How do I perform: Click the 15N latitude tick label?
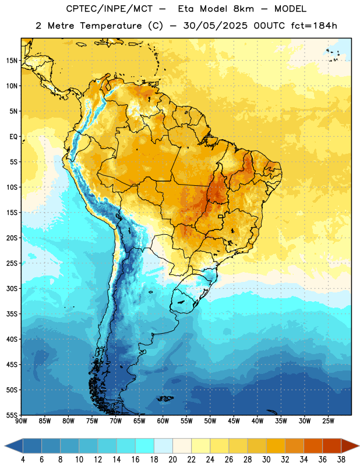[12, 61]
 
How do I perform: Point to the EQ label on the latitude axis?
[13, 137]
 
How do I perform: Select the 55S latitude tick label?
[12, 415]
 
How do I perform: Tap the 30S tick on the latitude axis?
[12, 288]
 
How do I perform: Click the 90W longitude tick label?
[21, 421]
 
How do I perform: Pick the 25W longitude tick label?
[328, 421]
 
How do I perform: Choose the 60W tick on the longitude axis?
[163, 421]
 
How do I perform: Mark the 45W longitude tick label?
[234, 421]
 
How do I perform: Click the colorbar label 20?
[172, 460]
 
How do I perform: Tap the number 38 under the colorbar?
[341, 460]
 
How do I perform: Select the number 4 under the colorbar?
[23, 460]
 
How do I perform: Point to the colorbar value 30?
[266, 460]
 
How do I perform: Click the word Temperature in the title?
[111, 26]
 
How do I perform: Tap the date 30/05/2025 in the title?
[215, 26]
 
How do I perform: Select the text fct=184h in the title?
[314, 26]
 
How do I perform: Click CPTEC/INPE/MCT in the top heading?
[109, 9]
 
